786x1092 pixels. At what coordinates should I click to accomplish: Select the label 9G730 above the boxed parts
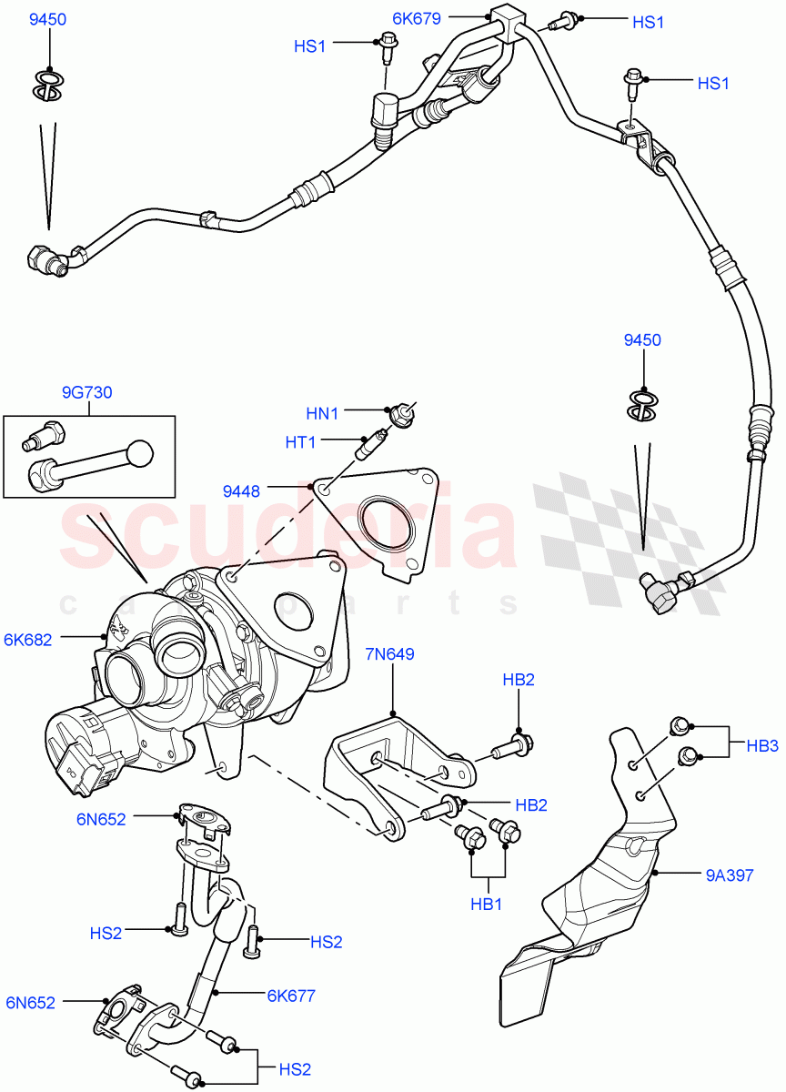(86, 392)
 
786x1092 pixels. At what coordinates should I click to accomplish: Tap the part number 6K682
(27, 640)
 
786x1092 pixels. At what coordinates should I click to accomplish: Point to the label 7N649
(390, 652)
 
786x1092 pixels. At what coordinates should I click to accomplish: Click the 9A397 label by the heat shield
(729, 875)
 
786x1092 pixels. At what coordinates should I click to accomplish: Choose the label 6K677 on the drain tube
(291, 996)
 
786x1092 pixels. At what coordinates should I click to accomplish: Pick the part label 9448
(241, 491)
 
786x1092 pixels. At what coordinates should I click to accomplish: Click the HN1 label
(322, 413)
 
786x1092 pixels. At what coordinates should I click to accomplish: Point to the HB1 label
(487, 905)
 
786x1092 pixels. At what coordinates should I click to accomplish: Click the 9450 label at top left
(47, 19)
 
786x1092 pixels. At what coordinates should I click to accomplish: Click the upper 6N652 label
(101, 818)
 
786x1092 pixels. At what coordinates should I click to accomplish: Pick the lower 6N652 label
(31, 1003)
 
